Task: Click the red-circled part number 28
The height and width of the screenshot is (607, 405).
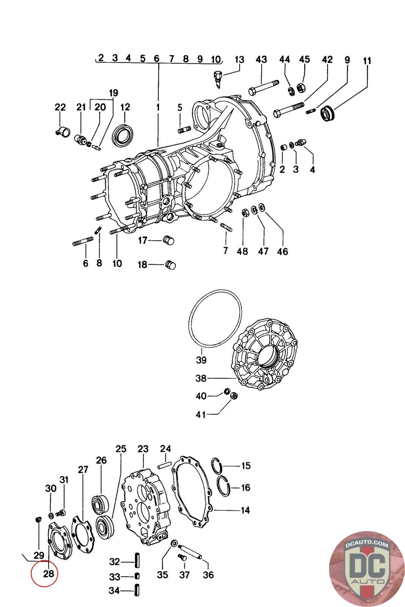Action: click(x=49, y=574)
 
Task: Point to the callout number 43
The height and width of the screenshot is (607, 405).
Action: click(x=261, y=60)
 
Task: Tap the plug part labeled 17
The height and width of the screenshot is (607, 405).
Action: click(x=168, y=241)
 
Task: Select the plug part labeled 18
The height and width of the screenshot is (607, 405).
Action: click(x=170, y=265)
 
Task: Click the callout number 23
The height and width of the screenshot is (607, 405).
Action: click(x=143, y=449)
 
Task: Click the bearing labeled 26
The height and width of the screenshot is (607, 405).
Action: click(x=101, y=503)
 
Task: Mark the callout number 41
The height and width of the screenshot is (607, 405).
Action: click(x=200, y=415)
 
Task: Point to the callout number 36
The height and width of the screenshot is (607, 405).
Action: click(x=208, y=575)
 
